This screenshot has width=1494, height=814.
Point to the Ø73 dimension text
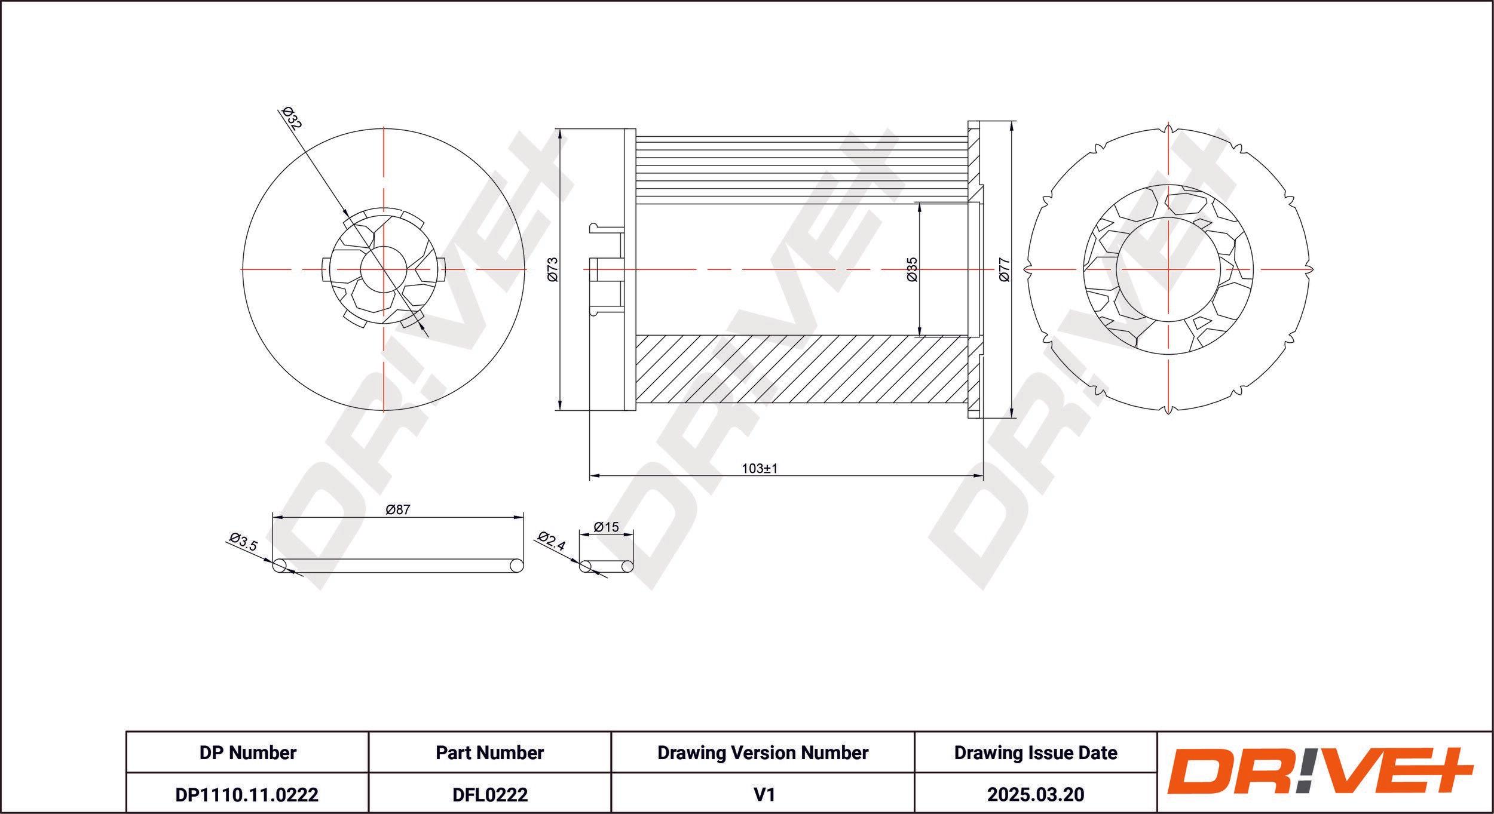552,269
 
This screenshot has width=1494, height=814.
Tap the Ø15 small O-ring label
606,527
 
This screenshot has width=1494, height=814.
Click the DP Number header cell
247,752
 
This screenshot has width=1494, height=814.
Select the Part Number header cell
489,752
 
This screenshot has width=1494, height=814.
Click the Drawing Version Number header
763,752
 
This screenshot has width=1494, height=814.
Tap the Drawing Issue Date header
1036,752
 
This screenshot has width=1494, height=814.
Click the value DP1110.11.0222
247,794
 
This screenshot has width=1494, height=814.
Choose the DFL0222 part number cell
489,794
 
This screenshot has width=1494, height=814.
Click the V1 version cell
764,794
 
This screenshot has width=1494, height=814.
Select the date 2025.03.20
1036,794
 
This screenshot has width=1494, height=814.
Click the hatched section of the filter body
802,369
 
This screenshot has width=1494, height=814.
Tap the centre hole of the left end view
384,269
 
